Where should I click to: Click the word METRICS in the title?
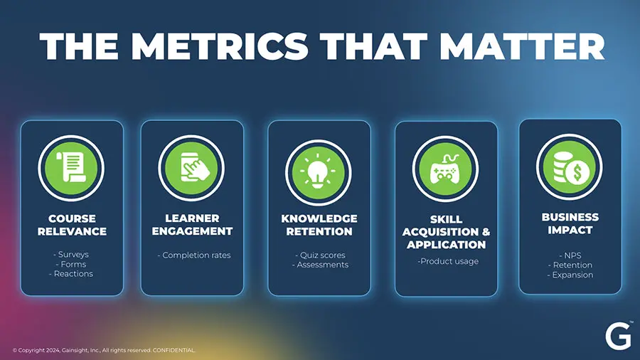click(220, 46)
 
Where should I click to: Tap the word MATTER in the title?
click(522, 46)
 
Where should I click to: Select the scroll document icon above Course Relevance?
click(71, 168)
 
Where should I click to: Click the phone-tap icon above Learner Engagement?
click(191, 168)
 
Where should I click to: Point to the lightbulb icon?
click(319, 172)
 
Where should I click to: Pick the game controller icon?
click(445, 169)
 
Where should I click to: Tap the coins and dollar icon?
click(570, 167)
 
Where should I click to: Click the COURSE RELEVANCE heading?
click(72, 225)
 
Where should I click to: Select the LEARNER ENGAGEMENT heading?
click(192, 225)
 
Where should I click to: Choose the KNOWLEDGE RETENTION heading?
click(319, 225)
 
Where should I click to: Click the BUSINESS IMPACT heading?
click(570, 223)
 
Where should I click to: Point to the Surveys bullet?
click(71, 254)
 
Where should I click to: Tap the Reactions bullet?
click(71, 274)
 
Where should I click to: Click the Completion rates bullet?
click(194, 255)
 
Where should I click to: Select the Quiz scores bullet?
click(321, 255)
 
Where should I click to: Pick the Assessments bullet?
click(321, 265)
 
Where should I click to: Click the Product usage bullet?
click(448, 261)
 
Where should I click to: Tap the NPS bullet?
click(570, 255)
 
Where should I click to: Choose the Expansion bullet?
click(570, 275)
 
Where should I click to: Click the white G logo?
click(618, 337)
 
